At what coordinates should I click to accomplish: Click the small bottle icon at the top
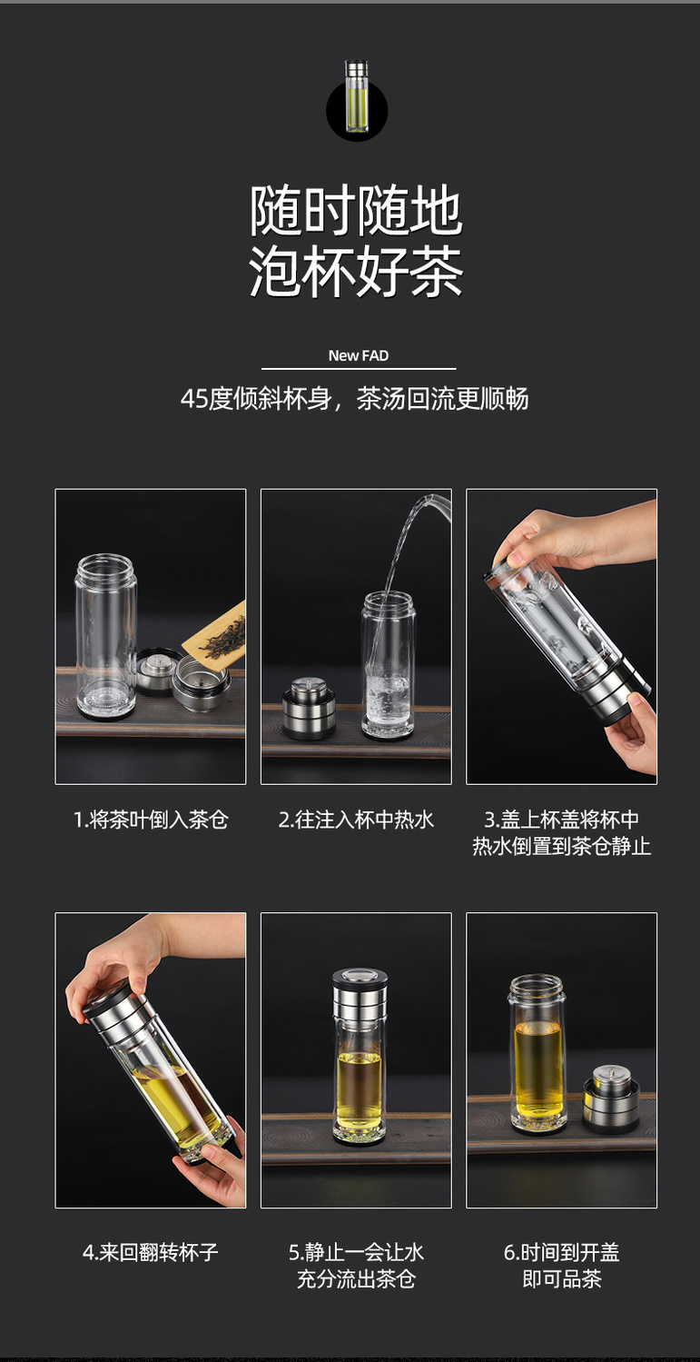click(x=357, y=96)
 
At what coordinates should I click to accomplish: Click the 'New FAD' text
click(x=359, y=355)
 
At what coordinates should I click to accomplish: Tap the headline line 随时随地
click(x=356, y=211)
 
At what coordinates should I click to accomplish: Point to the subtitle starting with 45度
click(x=354, y=398)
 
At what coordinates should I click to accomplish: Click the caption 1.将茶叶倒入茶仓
click(x=151, y=820)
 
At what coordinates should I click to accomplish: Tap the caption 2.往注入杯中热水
click(x=356, y=820)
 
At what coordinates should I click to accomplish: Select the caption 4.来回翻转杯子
click(x=150, y=1252)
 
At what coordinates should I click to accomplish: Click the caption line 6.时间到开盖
click(x=561, y=1252)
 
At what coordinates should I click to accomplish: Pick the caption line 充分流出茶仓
click(x=356, y=1278)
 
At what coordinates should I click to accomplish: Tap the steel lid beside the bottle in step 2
click(x=309, y=708)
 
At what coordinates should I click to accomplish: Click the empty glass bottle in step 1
click(x=104, y=636)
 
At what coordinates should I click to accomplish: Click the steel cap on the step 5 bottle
click(x=360, y=999)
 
